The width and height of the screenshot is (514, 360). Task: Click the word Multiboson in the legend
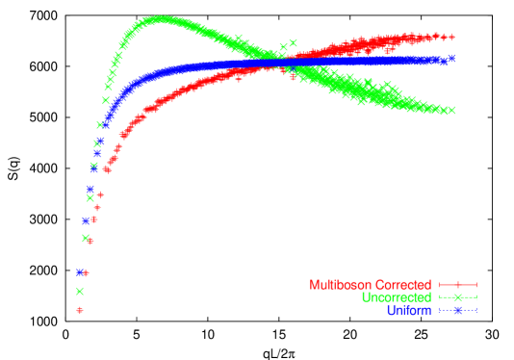coord(340,285)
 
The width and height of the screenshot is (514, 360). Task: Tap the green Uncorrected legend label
coord(396,297)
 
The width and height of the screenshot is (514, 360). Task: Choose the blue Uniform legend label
coord(408,310)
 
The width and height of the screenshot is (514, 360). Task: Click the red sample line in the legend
coord(458,285)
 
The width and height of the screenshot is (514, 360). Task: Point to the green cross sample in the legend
coord(458,297)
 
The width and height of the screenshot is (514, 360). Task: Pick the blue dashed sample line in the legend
coord(458,310)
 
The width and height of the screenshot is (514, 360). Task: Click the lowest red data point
coord(80,310)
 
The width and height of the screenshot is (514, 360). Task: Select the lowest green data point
coord(80,291)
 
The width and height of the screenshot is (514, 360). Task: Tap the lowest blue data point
coord(80,272)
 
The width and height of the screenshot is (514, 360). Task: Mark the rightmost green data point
coord(451,111)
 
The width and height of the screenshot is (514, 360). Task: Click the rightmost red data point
coord(451,38)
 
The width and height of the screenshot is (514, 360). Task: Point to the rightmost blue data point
coord(451,59)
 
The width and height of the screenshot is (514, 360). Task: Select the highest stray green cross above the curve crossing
coord(293,42)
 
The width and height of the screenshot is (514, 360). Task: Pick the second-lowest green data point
coord(86,238)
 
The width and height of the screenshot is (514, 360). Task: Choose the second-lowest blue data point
coord(86,220)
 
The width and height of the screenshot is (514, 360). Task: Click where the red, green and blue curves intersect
coord(279,64)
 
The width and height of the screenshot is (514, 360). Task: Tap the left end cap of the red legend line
coord(440,285)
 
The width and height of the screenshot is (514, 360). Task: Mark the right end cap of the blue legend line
coord(476,310)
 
